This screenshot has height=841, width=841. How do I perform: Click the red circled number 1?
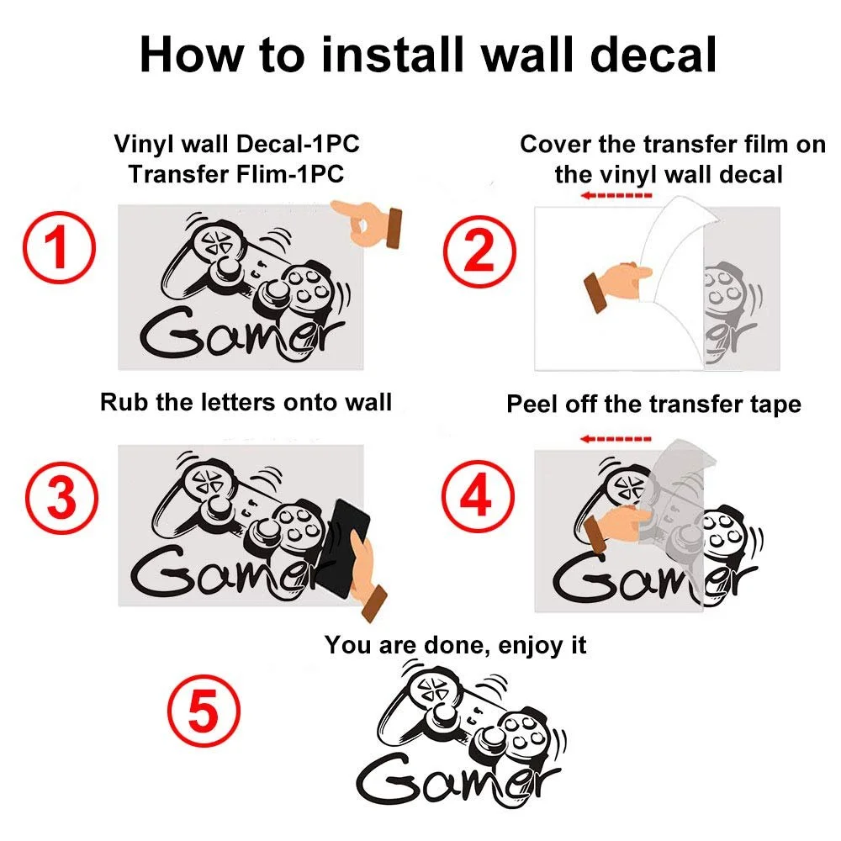tap(59, 247)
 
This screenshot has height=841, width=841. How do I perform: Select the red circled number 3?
tap(61, 498)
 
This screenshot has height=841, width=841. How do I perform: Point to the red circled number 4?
tap(478, 496)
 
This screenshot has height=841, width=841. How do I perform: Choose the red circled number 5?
tap(204, 711)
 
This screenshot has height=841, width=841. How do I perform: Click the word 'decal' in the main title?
tap(653, 55)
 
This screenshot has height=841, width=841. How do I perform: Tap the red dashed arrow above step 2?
tap(616, 195)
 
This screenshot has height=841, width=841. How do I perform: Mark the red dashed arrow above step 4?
tap(616, 439)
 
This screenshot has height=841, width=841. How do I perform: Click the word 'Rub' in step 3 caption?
tap(124, 402)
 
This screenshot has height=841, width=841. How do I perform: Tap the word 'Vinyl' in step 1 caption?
tap(144, 145)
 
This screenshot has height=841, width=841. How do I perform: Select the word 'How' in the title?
tap(191, 55)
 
